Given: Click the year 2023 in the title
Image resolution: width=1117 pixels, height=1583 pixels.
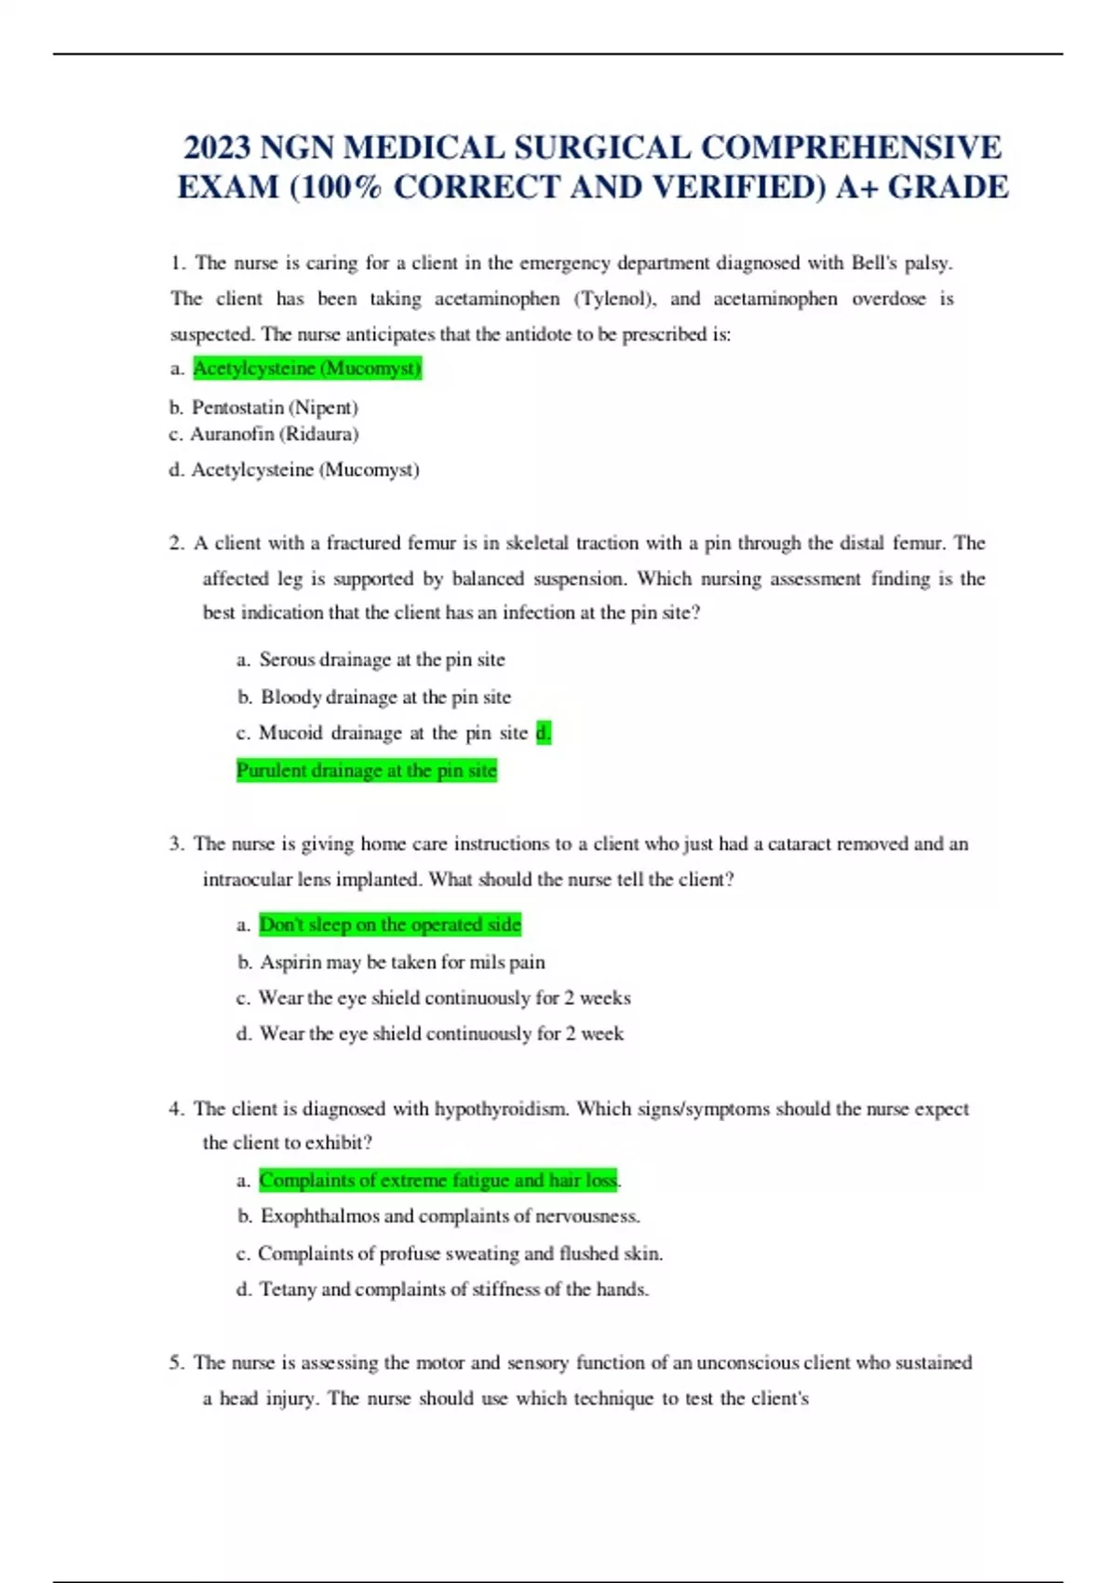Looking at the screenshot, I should (x=217, y=148).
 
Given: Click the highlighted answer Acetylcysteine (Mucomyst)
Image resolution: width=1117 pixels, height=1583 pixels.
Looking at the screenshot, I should (x=307, y=369).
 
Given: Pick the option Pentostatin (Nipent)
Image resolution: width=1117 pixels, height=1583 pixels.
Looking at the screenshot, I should (x=275, y=408).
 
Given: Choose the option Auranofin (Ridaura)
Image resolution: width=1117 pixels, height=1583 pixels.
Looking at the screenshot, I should (x=275, y=434).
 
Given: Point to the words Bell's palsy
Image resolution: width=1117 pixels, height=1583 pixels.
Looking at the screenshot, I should (x=901, y=264).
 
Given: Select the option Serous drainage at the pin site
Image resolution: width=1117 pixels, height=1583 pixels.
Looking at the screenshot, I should (x=382, y=660).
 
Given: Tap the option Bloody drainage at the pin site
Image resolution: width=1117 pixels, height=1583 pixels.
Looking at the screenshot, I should (x=385, y=697).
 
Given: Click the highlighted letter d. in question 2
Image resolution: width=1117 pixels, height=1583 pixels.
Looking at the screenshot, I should (x=544, y=734).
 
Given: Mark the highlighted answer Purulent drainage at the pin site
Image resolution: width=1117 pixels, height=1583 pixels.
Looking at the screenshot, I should (x=367, y=771).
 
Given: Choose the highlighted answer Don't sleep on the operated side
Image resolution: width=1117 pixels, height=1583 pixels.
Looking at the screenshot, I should (x=390, y=925).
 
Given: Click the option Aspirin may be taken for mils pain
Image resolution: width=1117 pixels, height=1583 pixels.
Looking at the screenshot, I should (x=402, y=963).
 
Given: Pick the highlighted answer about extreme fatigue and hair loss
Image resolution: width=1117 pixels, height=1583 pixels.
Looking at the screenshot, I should (x=438, y=1181).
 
